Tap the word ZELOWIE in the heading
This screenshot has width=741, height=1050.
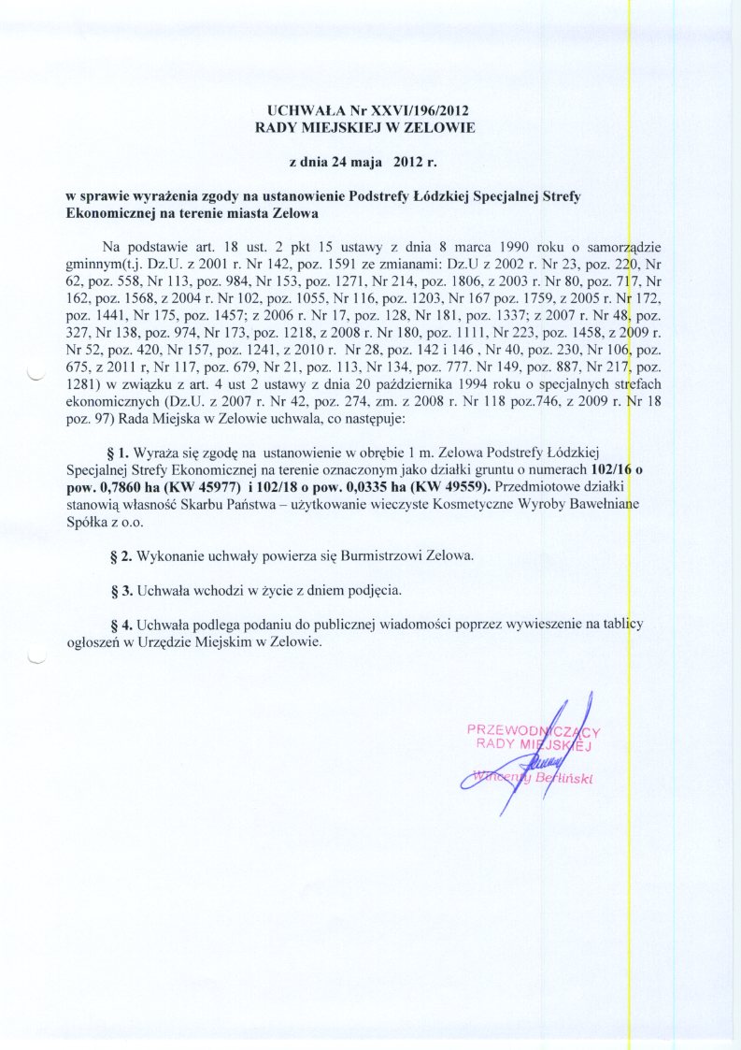pos(438,127)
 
